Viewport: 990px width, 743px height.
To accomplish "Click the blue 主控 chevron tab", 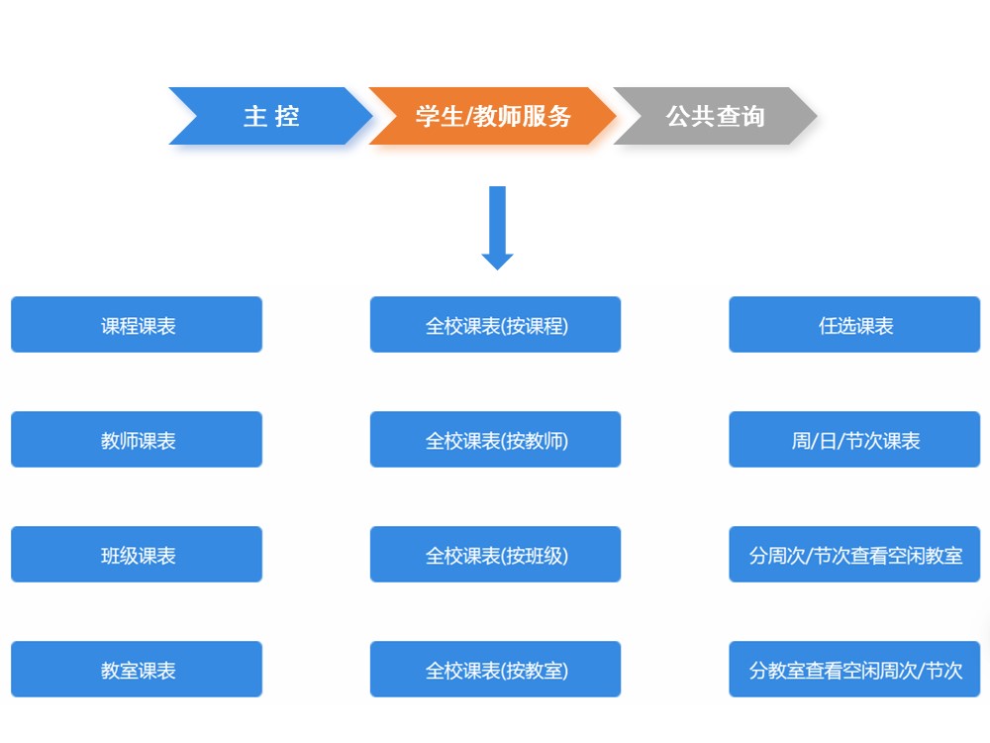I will (x=269, y=116).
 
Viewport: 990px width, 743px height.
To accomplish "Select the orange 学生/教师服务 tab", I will (x=492, y=116).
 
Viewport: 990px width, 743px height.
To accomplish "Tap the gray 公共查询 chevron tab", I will (x=715, y=116).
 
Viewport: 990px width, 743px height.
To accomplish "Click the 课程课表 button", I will (x=137, y=325).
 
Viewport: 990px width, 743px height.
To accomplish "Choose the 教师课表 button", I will (x=137, y=440).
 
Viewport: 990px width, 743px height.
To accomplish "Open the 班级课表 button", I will (x=137, y=555).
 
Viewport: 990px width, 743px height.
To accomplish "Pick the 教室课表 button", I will (x=137, y=670).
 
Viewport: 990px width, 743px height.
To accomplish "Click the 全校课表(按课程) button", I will (x=496, y=325).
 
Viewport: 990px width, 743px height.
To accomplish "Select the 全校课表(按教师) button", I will (x=496, y=440).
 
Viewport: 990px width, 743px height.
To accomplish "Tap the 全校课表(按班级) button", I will (x=496, y=555).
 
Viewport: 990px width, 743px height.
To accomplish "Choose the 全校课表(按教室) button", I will (x=496, y=670).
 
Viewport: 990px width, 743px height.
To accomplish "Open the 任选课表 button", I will (x=854, y=325).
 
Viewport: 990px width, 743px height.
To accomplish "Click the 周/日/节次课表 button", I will (x=854, y=440).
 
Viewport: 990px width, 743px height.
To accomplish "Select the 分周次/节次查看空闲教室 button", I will (x=854, y=555).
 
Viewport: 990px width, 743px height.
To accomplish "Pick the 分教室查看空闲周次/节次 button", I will (x=854, y=670).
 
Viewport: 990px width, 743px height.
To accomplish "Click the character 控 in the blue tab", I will (x=287, y=116).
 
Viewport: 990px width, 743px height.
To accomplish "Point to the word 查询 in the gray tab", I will (x=741, y=116).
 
